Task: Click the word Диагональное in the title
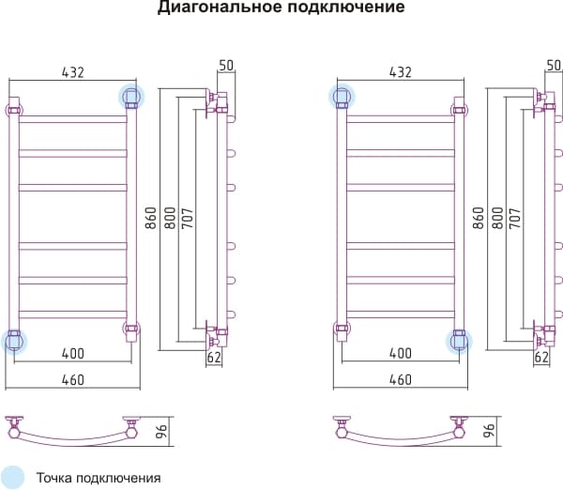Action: point(221,8)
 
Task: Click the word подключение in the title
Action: point(346,8)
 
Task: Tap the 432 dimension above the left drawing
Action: point(73,72)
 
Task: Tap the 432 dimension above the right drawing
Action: point(401,72)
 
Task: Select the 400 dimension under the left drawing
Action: point(73,354)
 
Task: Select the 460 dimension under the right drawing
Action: point(401,380)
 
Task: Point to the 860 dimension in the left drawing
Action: point(151,218)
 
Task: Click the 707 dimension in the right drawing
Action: point(515,218)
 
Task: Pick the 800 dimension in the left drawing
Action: point(170,218)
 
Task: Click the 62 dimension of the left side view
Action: point(214,357)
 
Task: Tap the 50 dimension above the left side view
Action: point(226,66)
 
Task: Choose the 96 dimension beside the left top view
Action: point(162,431)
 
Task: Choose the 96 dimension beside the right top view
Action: point(490,430)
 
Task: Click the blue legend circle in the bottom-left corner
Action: point(11,478)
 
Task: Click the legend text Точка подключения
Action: point(99,478)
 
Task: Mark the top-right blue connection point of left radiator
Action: point(131,97)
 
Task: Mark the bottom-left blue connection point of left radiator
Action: point(14,342)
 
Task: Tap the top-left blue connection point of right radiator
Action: point(342,97)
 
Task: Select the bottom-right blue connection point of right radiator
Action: point(459,342)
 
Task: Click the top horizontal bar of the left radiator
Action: point(73,119)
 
